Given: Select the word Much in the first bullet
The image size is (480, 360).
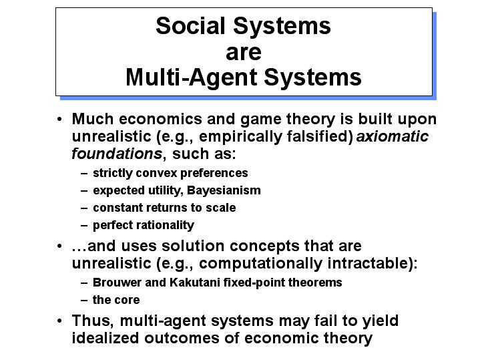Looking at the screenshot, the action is pyautogui.click(x=92, y=119).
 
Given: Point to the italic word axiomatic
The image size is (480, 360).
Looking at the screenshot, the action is pyautogui.click(x=393, y=136).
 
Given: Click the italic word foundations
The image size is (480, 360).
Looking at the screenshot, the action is pyautogui.click(x=117, y=153).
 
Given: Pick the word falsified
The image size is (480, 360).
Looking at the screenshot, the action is pyautogui.click(x=318, y=136).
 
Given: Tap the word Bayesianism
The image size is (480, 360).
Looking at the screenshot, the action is pyautogui.click(x=224, y=190).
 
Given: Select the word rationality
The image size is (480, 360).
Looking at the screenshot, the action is pyautogui.click(x=163, y=225).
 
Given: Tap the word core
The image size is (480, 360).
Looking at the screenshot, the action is pyautogui.click(x=127, y=301).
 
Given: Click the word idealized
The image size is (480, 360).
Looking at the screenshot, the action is pyautogui.click(x=105, y=338).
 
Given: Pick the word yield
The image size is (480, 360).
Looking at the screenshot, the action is pyautogui.click(x=381, y=321).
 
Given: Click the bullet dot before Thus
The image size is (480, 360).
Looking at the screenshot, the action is pyautogui.click(x=59, y=321).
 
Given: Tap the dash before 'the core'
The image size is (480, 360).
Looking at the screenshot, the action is pyautogui.click(x=84, y=301).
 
